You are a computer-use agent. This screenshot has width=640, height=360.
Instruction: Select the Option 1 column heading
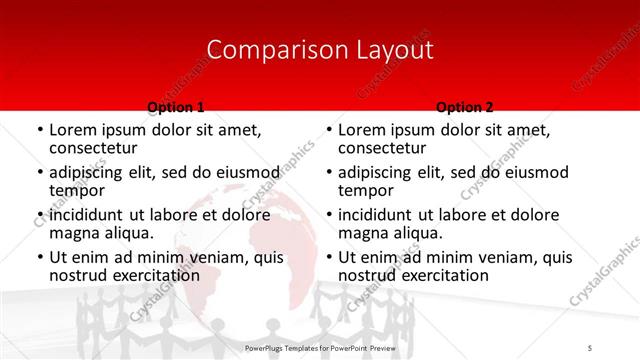click(176, 107)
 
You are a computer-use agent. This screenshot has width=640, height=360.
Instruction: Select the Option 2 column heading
click(465, 107)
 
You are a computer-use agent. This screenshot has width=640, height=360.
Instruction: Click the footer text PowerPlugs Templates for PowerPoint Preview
click(319, 347)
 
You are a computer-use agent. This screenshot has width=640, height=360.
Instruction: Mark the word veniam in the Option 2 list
click(500, 257)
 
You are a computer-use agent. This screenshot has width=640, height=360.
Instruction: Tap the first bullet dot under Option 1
click(39, 130)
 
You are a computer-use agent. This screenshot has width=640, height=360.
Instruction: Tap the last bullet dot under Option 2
click(328, 258)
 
